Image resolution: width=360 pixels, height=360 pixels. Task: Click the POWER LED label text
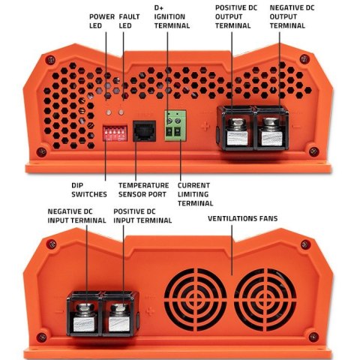[100, 20]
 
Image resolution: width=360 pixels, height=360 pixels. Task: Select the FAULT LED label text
[131, 20]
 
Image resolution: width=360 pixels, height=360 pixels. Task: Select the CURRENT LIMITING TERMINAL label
[195, 193]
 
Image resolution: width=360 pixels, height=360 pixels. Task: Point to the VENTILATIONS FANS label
[244, 220]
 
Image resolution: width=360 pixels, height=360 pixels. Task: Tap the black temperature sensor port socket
[143, 132]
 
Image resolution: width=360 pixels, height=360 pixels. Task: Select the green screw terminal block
[175, 131]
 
